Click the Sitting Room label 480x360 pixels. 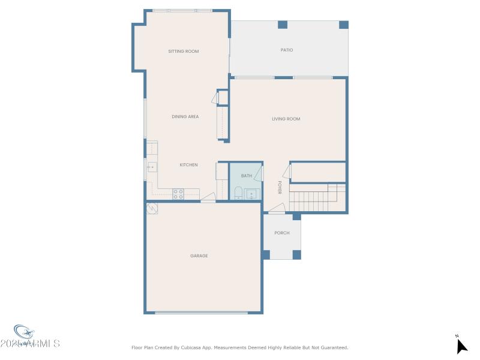click(183, 52)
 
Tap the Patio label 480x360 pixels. click(287, 50)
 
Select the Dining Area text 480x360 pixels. click(185, 116)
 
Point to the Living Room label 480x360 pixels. click(286, 119)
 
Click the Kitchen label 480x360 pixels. click(188, 164)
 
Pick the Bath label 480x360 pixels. click(247, 176)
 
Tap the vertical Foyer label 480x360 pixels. click(280, 187)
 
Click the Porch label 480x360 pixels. click(281, 233)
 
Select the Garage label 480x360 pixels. click(199, 256)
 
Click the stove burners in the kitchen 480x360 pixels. click(178, 193)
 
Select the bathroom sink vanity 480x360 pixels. click(251, 194)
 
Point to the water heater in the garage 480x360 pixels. click(152, 208)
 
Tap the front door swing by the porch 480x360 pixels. click(277, 209)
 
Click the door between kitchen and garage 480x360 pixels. click(208, 198)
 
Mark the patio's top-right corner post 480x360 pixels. click(343, 25)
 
